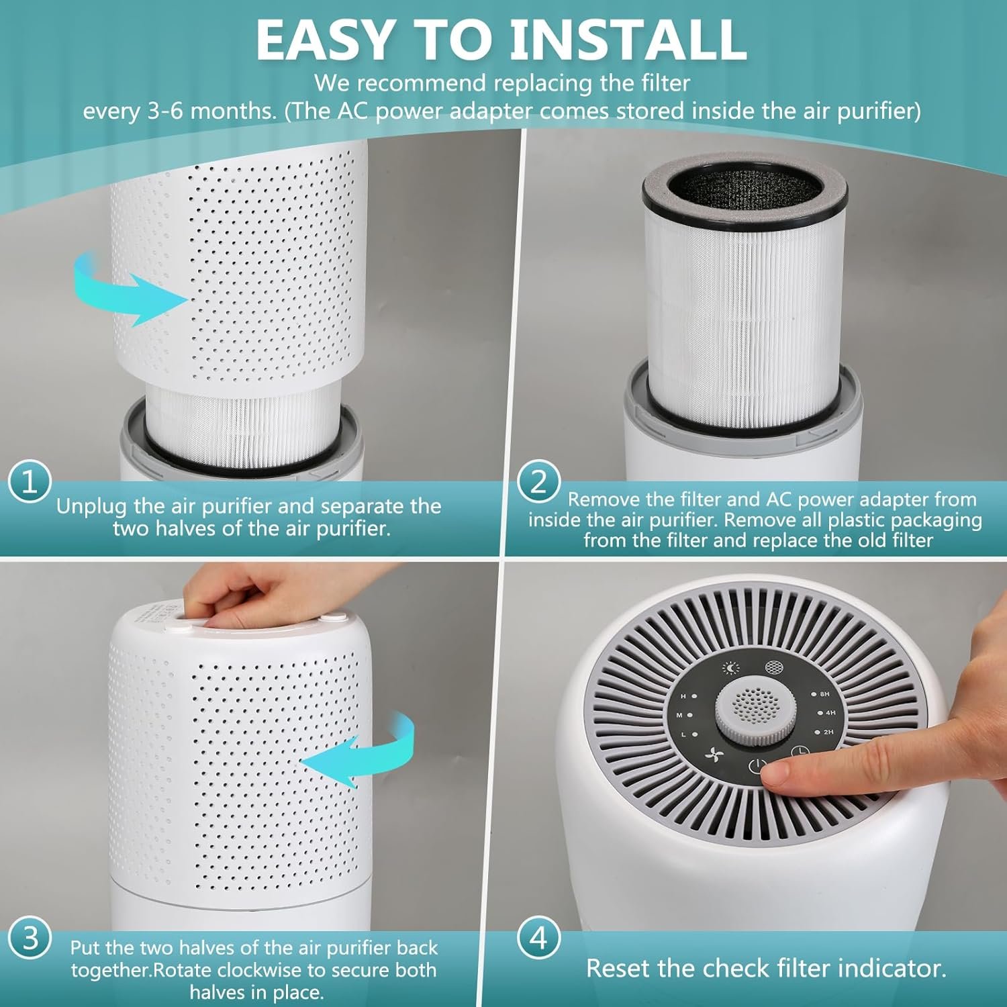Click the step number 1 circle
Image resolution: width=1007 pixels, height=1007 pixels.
click(30, 482)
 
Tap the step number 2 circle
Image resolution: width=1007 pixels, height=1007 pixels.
click(539, 482)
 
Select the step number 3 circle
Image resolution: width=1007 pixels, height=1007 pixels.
click(30, 938)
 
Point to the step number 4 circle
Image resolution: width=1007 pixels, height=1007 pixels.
click(539, 938)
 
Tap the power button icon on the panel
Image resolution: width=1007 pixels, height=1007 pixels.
click(757, 766)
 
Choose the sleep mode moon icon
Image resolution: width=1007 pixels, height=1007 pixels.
click(731, 668)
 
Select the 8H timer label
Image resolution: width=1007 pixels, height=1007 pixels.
click(824, 694)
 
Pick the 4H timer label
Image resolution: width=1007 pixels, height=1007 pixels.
click(830, 713)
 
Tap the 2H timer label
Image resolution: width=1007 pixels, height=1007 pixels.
click(828, 732)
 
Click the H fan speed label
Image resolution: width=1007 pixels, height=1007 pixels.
click(684, 697)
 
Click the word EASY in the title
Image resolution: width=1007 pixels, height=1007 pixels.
click(324, 40)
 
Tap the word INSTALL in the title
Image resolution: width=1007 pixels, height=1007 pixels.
click(628, 40)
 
